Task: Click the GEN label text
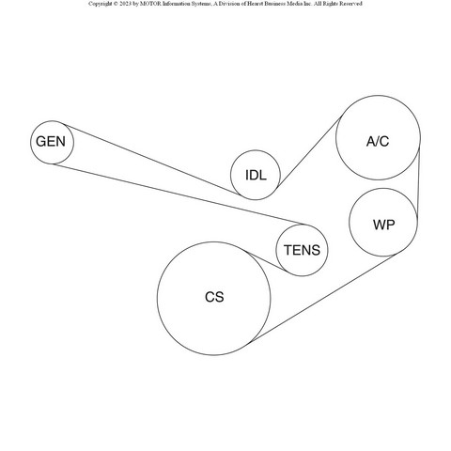tap(51, 142)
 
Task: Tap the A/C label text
tap(378, 141)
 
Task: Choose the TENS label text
tap(302, 250)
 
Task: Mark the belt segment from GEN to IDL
tap(152, 160)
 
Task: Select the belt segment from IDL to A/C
tap(309, 152)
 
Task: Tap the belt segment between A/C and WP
tap(418, 183)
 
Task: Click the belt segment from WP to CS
tap(322, 299)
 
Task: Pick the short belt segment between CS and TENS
tap(265, 261)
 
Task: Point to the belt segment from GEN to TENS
tap(179, 194)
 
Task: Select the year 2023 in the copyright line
tap(125, 4)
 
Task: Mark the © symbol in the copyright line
tap(116, 4)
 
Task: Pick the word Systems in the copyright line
tap(200, 4)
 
